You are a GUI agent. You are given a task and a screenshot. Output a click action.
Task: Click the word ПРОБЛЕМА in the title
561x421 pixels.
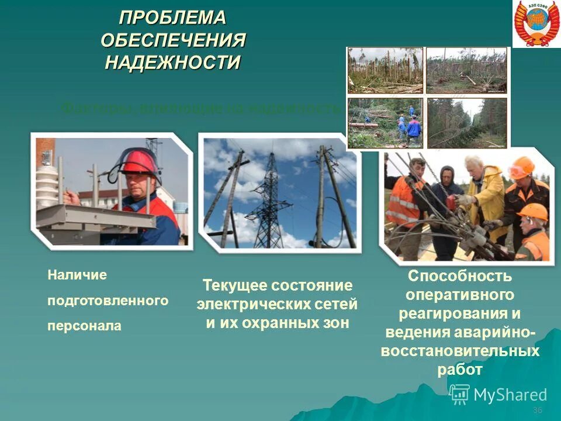[x=172, y=18]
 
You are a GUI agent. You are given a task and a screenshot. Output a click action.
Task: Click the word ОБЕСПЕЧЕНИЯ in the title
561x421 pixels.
[x=173, y=40]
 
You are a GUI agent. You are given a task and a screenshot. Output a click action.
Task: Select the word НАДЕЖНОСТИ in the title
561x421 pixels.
[x=172, y=62]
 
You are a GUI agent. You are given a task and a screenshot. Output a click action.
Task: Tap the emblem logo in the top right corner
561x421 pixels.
[x=536, y=24]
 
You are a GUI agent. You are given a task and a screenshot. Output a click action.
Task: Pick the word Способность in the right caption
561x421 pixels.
[x=460, y=275]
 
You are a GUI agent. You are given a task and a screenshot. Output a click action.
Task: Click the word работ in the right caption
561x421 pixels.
[x=460, y=370]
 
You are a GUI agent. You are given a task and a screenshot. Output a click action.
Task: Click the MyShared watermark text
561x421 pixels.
[x=510, y=395]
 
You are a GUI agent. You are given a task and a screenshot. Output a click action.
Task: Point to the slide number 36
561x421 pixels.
[x=538, y=410]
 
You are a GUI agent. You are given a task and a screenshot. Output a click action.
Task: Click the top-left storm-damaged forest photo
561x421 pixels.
[x=385, y=70]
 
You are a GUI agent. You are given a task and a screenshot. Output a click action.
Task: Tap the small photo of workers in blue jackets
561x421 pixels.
[x=385, y=122]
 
